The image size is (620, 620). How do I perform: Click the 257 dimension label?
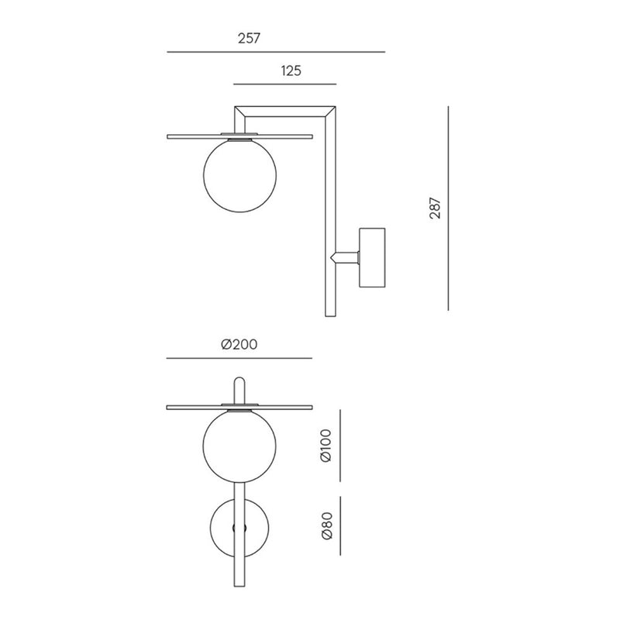[x=249, y=38]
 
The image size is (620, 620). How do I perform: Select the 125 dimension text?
[x=291, y=71]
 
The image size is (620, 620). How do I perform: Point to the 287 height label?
[x=435, y=208]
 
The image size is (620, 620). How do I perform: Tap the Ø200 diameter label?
[x=239, y=344]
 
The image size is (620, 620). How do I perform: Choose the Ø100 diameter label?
[x=326, y=446]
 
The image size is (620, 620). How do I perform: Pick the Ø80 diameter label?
[x=327, y=526]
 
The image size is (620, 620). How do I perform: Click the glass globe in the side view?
[x=240, y=176]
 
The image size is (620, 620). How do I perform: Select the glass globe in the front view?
[x=239, y=446]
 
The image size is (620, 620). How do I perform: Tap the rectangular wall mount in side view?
[x=372, y=257]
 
